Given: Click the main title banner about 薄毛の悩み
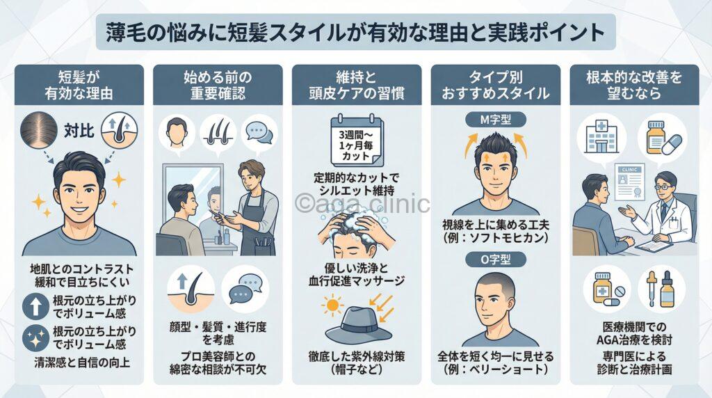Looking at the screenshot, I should (355, 32).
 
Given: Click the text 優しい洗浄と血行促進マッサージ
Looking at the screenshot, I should (355, 275).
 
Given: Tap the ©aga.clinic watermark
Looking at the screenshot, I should (362, 203).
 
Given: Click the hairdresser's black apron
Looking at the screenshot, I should (254, 223).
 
